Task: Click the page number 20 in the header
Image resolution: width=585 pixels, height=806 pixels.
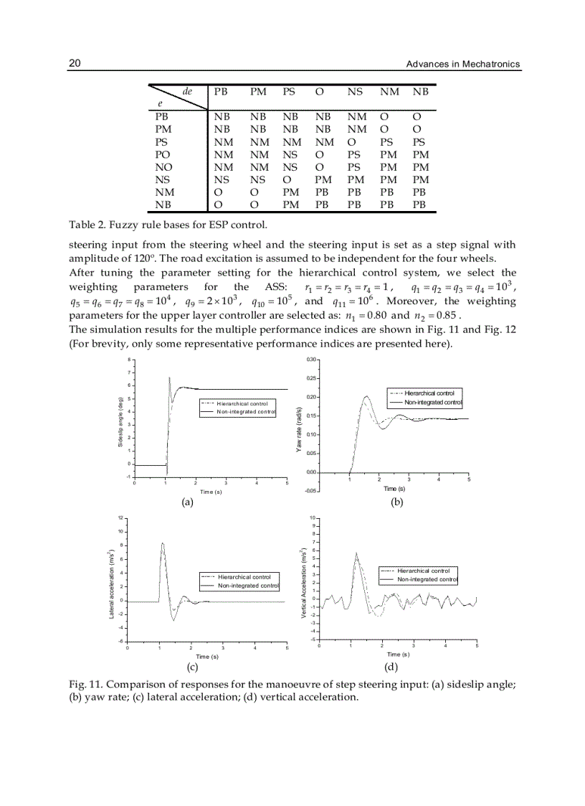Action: point(75,63)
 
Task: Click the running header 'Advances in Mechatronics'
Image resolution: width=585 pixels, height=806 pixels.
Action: point(462,64)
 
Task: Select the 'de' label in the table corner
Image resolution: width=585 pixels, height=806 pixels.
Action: point(188,92)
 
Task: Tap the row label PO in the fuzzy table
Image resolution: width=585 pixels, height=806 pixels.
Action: point(162,154)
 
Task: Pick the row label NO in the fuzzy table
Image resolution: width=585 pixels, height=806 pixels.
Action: point(163,167)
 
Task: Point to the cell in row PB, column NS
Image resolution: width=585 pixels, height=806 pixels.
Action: point(356,116)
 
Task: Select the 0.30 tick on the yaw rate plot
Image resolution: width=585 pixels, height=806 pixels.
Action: point(310,360)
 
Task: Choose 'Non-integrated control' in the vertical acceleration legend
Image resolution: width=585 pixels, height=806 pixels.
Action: point(427,578)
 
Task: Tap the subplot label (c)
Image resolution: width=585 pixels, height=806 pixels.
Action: point(192,666)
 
